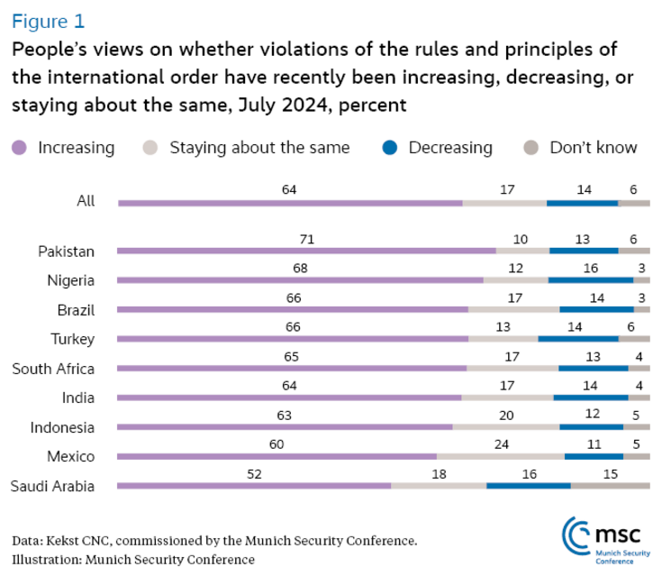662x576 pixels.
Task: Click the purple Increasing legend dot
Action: pyautogui.click(x=21, y=148)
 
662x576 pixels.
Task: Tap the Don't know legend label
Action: pyautogui.click(x=593, y=148)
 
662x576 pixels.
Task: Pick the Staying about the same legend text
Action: pyautogui.click(x=259, y=148)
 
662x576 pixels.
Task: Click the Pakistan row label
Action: pyautogui.click(x=67, y=251)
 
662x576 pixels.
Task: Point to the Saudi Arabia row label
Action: pyautogui.click(x=52, y=487)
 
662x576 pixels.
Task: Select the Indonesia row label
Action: pyautogui.click(x=62, y=427)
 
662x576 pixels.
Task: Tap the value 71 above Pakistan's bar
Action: pyautogui.click(x=306, y=239)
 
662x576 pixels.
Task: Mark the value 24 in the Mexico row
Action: pyautogui.click(x=500, y=444)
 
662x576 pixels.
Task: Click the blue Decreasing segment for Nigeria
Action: pyautogui.click(x=591, y=280)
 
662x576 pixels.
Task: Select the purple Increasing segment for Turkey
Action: pyautogui.click(x=293, y=339)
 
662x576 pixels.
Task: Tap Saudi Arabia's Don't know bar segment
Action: pyautogui.click(x=610, y=485)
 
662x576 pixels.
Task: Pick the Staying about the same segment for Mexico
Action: pyautogui.click(x=500, y=456)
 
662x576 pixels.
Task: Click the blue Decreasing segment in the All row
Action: pyautogui.click(x=582, y=203)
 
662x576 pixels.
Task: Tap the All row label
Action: pyautogui.click(x=86, y=202)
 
